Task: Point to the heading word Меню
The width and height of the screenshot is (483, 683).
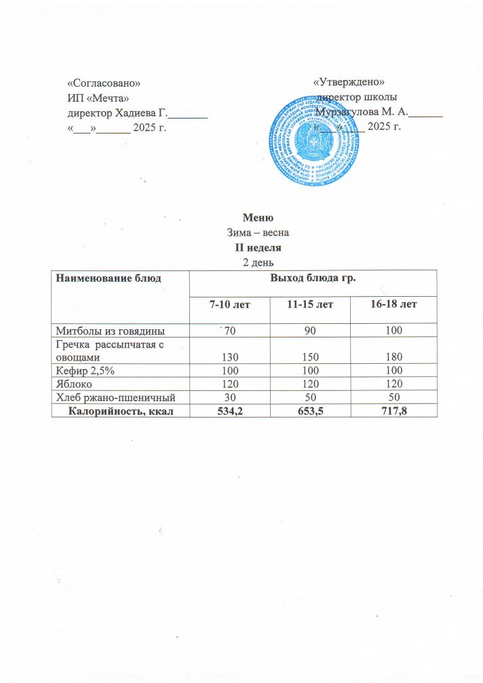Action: (257, 218)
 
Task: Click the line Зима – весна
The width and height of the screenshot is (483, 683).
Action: (257, 232)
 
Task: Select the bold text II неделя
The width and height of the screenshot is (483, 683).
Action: (257, 247)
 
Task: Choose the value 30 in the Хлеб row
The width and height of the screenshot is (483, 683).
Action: (229, 396)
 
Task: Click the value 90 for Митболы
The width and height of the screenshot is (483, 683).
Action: (309, 331)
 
